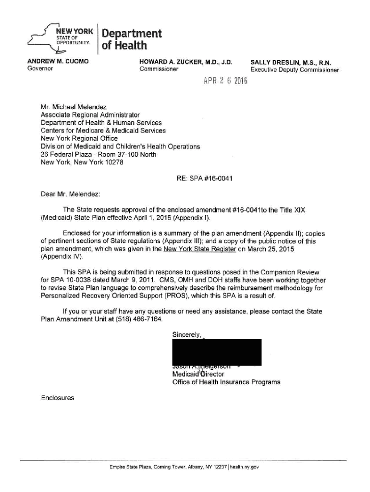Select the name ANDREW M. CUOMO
58,62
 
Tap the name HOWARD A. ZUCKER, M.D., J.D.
185,62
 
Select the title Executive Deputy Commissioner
295,70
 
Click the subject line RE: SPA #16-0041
205,179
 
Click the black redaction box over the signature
217,352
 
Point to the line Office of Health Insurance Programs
226,382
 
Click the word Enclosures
58,398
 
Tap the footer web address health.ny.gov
246,467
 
